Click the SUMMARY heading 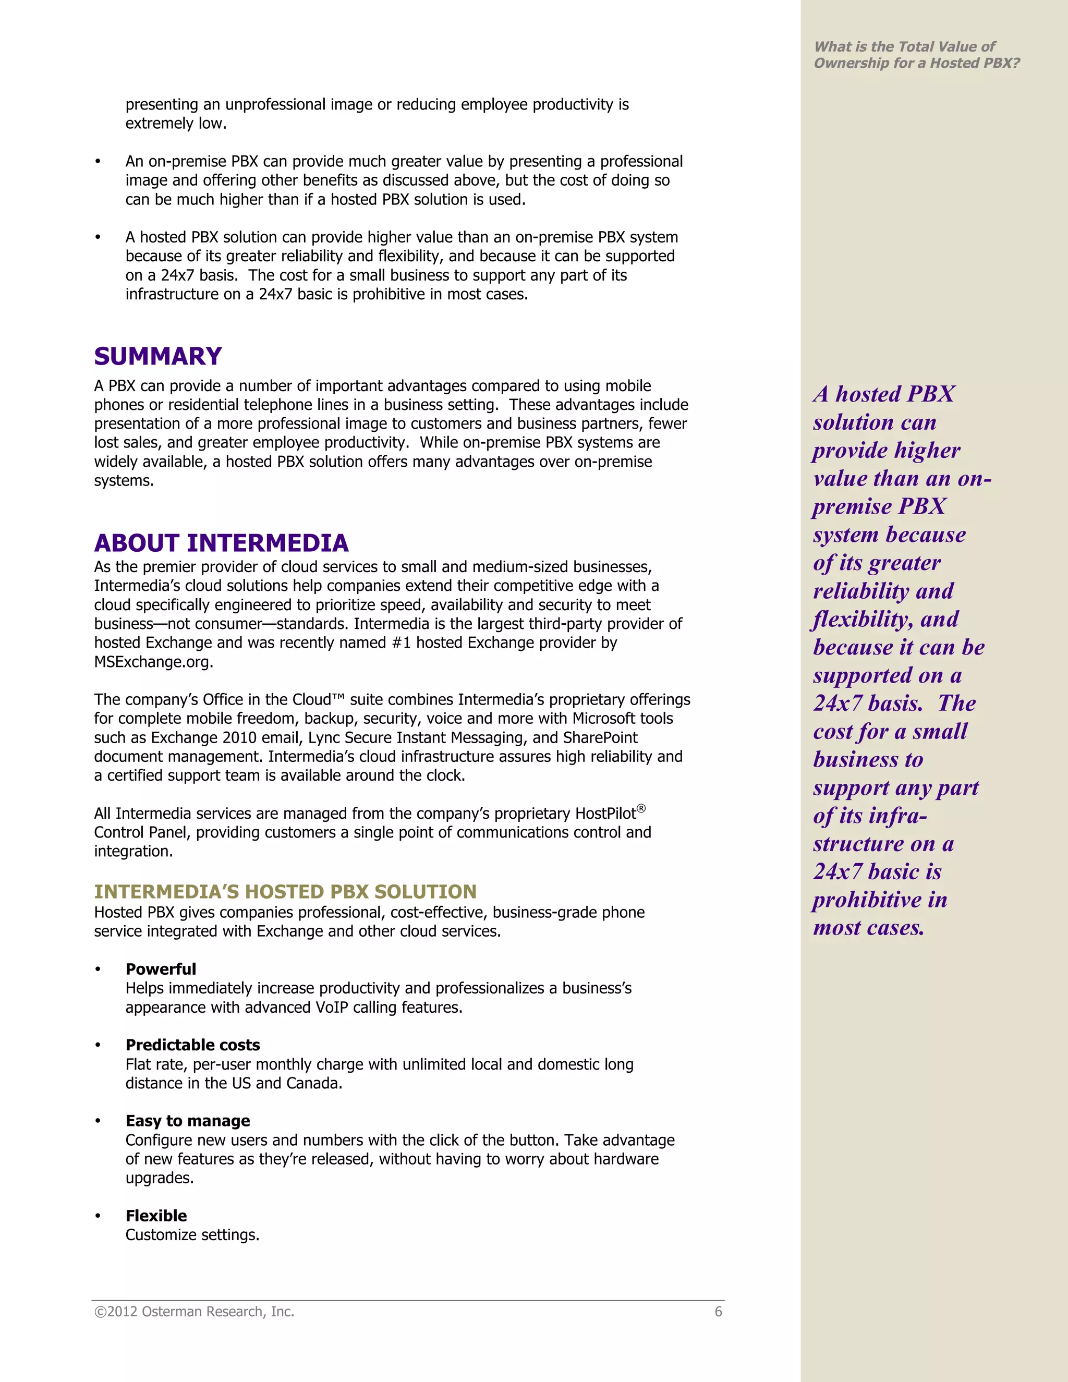[157, 356]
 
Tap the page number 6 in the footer [718, 1312]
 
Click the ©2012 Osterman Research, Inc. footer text [193, 1312]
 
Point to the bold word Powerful [161, 969]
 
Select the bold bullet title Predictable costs [192, 1045]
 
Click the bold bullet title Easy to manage [187, 1121]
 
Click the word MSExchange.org [153, 662]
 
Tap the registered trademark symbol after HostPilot [641, 808]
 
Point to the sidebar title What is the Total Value [905, 47]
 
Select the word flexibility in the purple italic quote [861, 620]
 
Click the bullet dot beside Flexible [98, 1216]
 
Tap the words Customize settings [192, 1234]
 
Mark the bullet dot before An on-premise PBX [98, 162]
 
